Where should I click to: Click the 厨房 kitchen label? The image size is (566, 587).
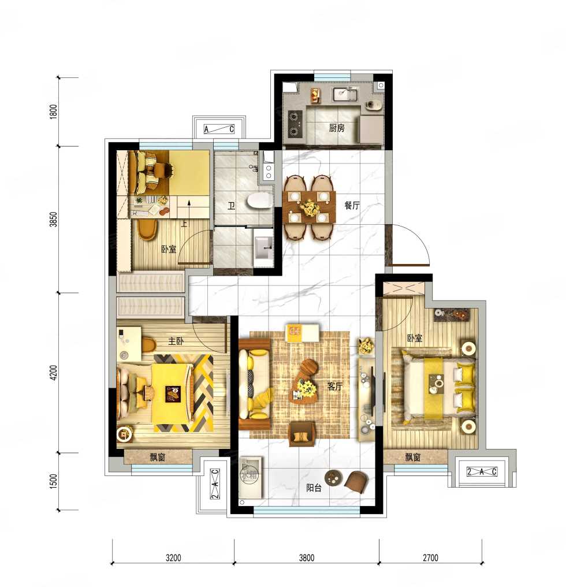[x=337, y=128]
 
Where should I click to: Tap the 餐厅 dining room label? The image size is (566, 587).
[x=352, y=205]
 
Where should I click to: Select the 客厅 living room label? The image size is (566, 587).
[x=334, y=386]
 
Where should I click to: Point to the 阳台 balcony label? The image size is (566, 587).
[x=314, y=488]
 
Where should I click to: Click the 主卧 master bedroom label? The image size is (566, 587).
[x=176, y=341]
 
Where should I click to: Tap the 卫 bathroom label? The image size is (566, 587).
[x=232, y=206]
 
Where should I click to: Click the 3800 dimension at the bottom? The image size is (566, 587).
[x=307, y=558]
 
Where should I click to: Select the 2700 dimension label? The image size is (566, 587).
[x=430, y=558]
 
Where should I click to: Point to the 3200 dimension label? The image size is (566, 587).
[x=173, y=558]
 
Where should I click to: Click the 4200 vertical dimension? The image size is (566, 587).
[x=54, y=373]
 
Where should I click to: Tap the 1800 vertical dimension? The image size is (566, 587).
[x=54, y=112]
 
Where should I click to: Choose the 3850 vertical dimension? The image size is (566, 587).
[x=54, y=220]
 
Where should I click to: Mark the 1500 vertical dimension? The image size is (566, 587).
[x=54, y=481]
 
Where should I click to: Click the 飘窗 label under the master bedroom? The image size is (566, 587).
[x=157, y=457]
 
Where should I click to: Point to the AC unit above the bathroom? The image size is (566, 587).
[x=219, y=129]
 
